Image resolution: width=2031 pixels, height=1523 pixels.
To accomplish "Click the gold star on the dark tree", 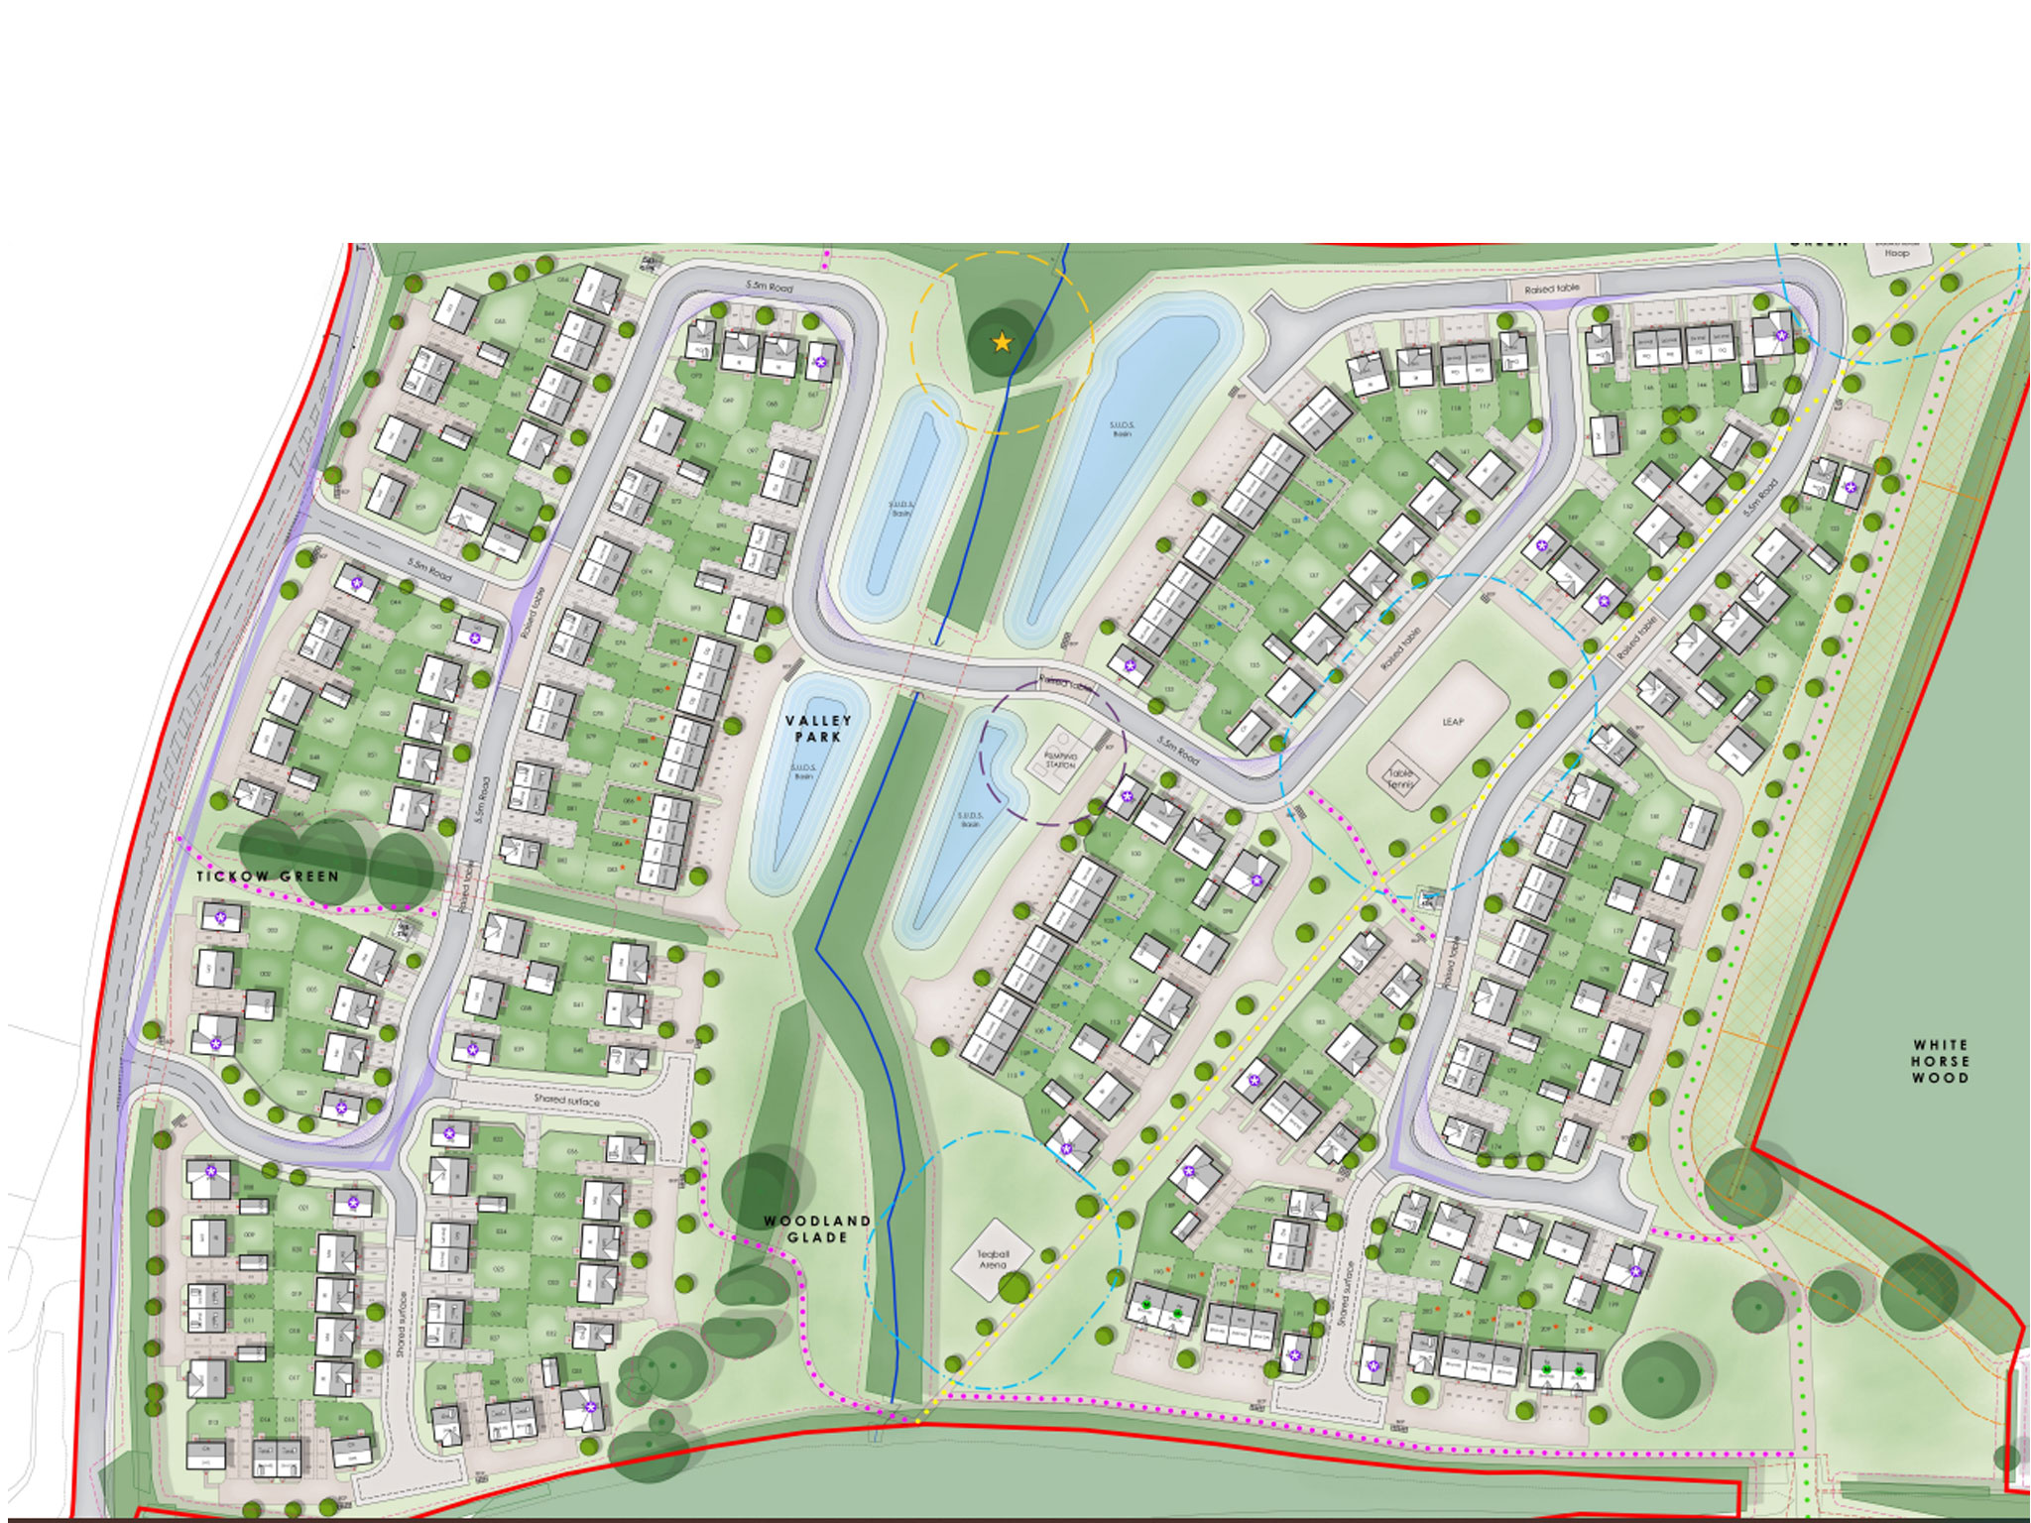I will tap(1002, 342).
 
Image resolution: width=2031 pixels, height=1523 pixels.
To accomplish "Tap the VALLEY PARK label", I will tap(818, 729).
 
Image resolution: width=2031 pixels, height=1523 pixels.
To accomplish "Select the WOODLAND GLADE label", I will tap(817, 1230).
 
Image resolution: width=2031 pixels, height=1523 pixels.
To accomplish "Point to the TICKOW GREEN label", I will tap(268, 877).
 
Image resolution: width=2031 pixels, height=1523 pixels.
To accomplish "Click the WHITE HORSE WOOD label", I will tap(1940, 1061).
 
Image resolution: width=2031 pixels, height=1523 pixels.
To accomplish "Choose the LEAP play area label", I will tap(1453, 722).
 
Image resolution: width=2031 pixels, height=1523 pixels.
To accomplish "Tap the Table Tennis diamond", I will tap(1399, 779).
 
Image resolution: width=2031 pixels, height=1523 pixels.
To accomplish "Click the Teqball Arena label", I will tap(992, 1260).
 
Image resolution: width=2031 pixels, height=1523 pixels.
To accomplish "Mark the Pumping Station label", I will tap(1060, 761).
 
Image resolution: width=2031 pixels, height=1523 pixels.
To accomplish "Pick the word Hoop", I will tap(1896, 254).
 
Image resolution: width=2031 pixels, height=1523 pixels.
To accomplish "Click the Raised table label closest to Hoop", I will tap(1552, 289).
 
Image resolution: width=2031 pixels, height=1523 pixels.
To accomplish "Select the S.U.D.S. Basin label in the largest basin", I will tap(1122, 429).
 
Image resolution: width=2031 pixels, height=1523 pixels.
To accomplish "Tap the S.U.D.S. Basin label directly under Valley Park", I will tap(803, 771).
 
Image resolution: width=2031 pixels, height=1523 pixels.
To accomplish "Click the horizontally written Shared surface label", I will tap(566, 1100).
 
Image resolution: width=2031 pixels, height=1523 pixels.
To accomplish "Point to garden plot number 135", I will tap(1255, 664).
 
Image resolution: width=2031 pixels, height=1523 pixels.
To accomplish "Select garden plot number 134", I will tap(1226, 712).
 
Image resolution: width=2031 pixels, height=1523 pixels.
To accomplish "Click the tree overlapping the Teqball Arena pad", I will tap(1014, 1288).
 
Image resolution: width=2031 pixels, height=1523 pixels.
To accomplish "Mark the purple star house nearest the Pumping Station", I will tap(1127, 796).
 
